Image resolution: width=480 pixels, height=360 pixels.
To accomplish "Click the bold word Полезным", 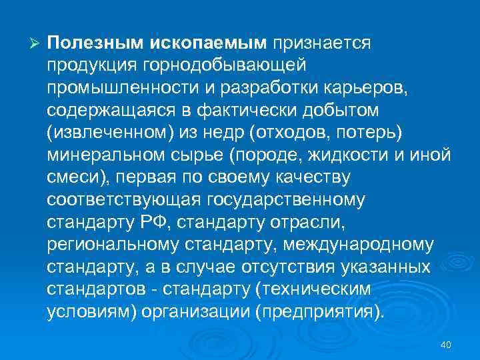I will (x=89, y=43).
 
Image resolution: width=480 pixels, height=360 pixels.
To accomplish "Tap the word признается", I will (x=320, y=43).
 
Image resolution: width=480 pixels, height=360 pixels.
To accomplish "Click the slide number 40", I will (x=446, y=344).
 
